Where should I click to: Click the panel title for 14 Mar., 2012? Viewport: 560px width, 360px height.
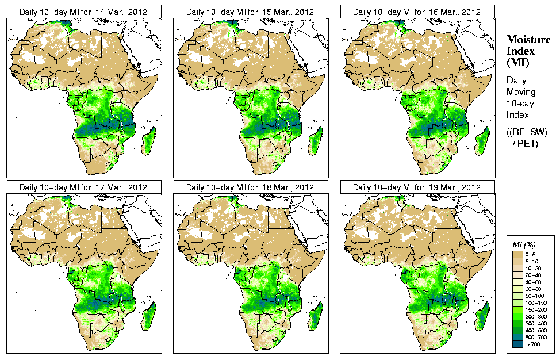click(83, 12)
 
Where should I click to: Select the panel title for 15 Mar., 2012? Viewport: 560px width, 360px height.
click(250, 12)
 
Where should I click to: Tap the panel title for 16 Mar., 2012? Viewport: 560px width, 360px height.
click(416, 12)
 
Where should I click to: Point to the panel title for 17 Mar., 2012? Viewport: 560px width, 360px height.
click(83, 187)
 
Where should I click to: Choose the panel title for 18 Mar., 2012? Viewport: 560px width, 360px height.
click(250, 187)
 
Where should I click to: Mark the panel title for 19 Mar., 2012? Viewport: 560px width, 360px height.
click(416, 187)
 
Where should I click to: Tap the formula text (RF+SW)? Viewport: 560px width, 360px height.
click(528, 132)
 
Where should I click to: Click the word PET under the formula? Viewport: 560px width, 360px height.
click(530, 144)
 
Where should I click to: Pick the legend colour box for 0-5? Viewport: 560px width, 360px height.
click(517, 254)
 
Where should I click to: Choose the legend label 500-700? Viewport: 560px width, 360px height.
click(536, 337)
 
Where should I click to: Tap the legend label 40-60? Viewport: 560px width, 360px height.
click(536, 282)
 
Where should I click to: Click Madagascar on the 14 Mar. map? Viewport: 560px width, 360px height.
click(149, 141)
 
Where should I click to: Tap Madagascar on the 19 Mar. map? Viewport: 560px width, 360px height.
click(482, 317)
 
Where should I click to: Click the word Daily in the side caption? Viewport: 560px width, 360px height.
click(517, 81)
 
